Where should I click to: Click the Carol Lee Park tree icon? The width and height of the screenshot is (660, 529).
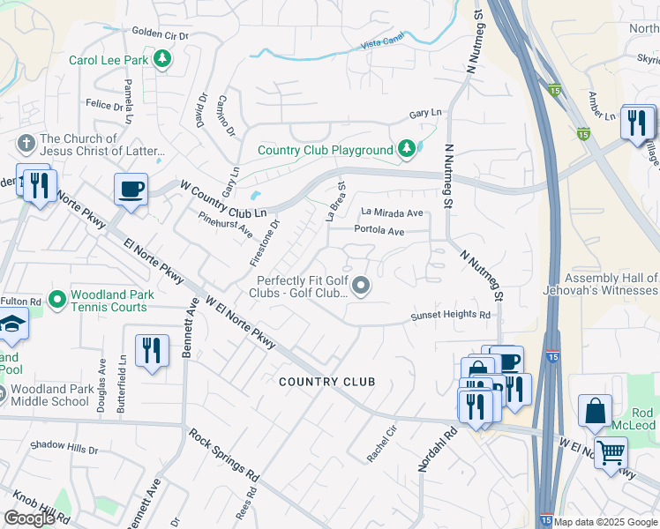(161, 60)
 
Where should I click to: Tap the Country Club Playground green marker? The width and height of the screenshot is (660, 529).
(406, 150)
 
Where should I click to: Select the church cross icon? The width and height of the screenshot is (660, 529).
(26, 143)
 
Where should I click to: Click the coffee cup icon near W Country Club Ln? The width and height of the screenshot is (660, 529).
(131, 189)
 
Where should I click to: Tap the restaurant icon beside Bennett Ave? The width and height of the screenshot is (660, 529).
(153, 350)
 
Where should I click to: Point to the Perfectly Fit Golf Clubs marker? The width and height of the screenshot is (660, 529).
(361, 286)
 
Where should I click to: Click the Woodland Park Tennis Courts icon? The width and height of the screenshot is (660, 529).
(57, 301)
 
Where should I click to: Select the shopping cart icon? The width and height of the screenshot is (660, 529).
(611, 453)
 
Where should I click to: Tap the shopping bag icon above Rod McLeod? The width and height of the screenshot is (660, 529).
(596, 410)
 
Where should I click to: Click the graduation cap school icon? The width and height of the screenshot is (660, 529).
(12, 326)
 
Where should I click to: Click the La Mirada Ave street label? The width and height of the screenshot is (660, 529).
(393, 212)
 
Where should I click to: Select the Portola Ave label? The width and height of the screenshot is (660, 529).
(379, 231)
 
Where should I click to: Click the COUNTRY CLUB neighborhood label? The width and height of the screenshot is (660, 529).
(327, 382)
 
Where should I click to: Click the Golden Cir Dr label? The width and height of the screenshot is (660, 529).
(161, 35)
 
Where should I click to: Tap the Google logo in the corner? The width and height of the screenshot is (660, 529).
(29, 518)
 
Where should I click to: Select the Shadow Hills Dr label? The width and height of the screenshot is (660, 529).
(64, 449)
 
